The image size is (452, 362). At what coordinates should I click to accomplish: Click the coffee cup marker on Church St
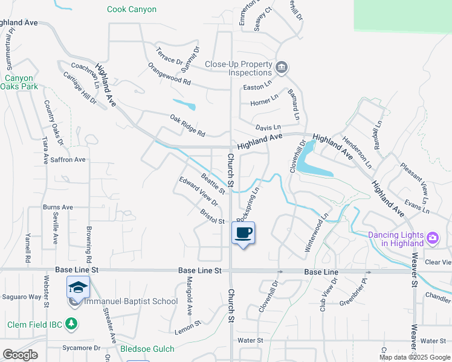(243, 233)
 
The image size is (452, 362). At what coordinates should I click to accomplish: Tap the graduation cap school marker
(78, 288)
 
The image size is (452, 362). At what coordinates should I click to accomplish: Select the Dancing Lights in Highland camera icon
(433, 238)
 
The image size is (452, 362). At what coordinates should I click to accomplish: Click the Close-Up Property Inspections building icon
(281, 68)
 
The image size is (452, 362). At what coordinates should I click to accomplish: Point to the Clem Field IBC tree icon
(72, 325)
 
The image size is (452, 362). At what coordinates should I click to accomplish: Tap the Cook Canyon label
(132, 9)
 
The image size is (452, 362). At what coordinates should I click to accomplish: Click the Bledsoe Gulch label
(147, 349)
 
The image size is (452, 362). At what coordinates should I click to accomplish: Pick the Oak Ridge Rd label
(188, 125)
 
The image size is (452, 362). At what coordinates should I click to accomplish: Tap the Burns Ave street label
(58, 207)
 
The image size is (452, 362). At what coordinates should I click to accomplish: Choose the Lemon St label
(188, 325)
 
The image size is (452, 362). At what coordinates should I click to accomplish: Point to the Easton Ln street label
(254, 87)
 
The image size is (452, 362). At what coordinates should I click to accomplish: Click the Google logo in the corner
(21, 355)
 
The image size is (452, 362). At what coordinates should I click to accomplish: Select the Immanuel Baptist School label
(131, 301)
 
